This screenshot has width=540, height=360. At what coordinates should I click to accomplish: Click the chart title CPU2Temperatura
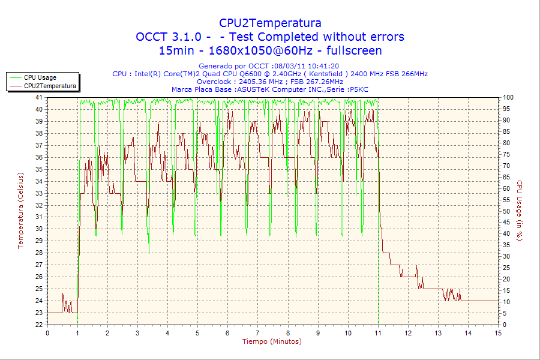tap(270, 23)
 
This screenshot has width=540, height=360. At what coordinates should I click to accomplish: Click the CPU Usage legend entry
tap(40, 77)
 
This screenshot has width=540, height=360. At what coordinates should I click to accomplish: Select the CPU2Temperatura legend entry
tap(50, 86)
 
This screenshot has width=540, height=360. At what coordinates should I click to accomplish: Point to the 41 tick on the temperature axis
tap(39, 97)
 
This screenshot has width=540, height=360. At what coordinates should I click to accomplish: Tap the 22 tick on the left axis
tap(39, 325)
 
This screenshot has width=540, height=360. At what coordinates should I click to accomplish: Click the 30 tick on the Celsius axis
tap(39, 229)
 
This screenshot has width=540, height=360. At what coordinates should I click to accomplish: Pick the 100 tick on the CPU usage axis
tap(508, 97)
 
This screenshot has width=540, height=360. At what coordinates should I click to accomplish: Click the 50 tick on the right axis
tap(506, 211)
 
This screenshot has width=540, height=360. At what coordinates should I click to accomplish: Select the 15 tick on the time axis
tap(498, 333)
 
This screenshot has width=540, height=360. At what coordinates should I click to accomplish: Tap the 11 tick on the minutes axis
tap(378, 333)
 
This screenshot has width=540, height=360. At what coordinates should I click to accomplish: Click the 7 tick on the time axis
tap(257, 333)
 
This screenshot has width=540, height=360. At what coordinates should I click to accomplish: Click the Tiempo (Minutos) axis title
tap(272, 341)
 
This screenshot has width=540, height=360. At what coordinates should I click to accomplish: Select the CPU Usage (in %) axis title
tap(520, 211)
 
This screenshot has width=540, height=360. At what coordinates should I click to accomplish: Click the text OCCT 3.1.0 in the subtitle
tap(168, 37)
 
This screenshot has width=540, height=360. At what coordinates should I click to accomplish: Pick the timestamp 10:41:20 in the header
tap(324, 66)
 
